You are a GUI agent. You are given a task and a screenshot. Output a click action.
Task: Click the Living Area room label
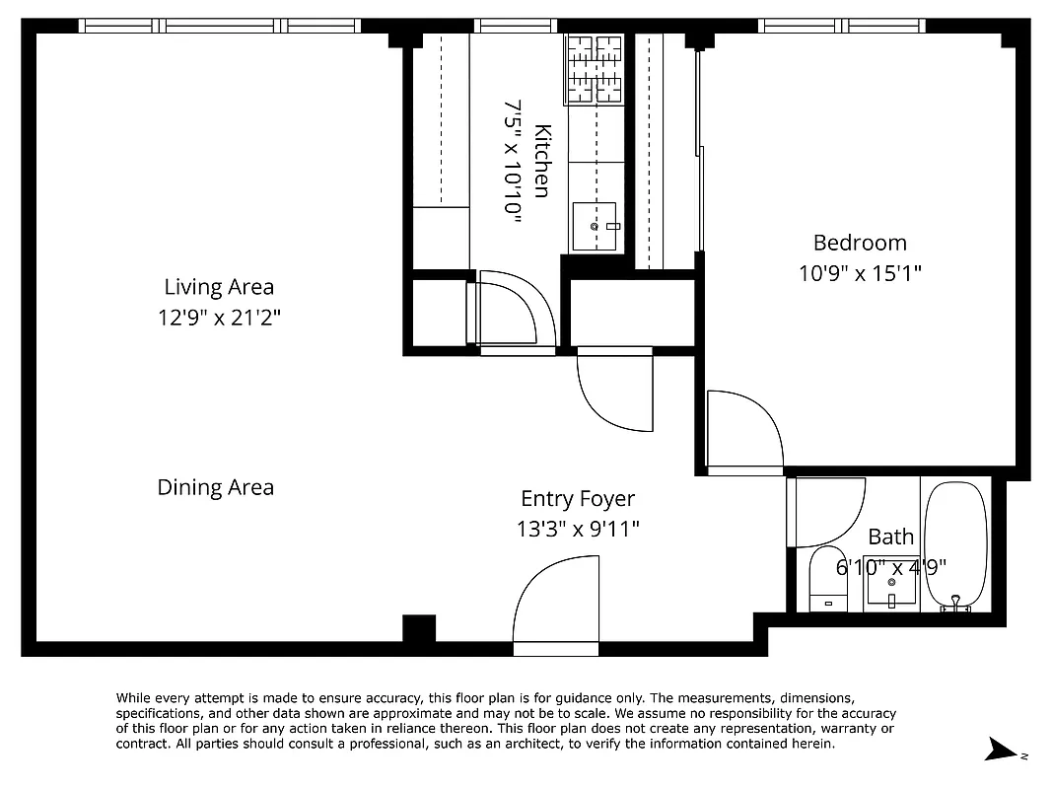[x=219, y=287]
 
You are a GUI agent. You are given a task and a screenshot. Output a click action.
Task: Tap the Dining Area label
[x=216, y=487]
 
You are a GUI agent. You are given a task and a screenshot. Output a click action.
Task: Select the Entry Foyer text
[x=578, y=499]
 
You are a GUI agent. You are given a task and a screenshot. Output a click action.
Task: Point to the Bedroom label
[x=860, y=243]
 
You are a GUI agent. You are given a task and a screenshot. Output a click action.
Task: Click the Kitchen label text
[x=541, y=161]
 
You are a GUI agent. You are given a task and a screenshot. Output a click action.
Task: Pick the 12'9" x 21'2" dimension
[x=219, y=318]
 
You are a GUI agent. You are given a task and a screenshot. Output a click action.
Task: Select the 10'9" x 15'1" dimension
[x=860, y=273]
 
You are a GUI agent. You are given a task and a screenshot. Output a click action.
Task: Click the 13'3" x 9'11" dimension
[x=578, y=530]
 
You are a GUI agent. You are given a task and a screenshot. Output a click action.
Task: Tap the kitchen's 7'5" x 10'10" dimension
[x=513, y=161]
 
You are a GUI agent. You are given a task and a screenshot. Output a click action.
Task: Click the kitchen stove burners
[x=596, y=68]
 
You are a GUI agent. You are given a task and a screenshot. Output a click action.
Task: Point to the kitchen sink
[x=595, y=226]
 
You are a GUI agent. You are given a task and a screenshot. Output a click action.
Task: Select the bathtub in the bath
[x=956, y=545]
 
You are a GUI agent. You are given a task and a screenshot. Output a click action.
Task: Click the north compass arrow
[x=1006, y=752]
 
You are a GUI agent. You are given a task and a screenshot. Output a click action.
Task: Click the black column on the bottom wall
[x=419, y=628]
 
